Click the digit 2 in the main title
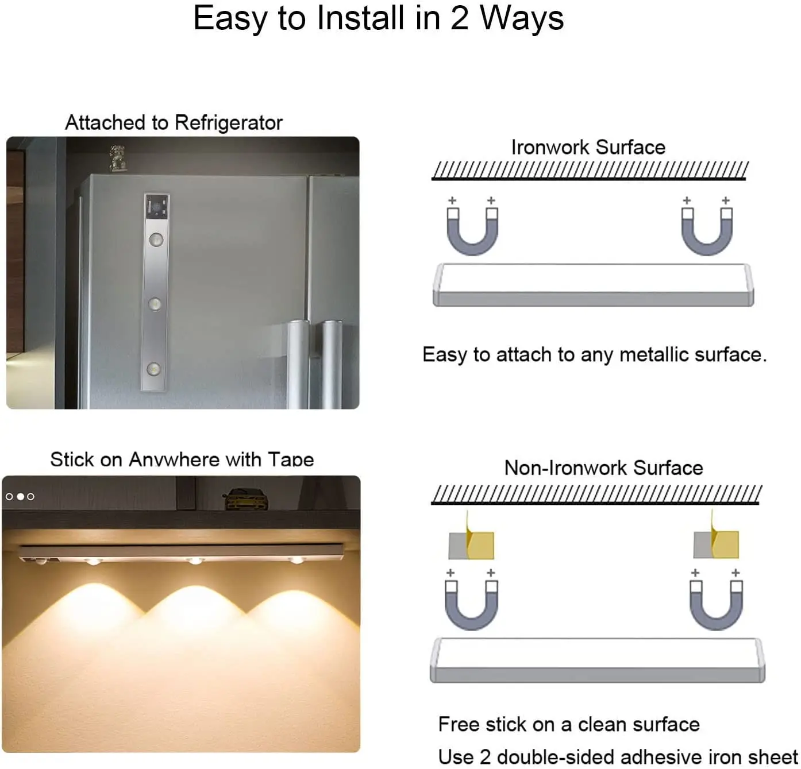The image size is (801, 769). point(459,18)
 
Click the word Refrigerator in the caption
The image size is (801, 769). point(228,123)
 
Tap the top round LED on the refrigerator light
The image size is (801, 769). point(156,239)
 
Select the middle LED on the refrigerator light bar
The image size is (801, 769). point(155,303)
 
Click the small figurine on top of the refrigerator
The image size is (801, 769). point(117,158)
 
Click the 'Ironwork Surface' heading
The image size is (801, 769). point(588,148)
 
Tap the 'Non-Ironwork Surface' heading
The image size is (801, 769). point(603,468)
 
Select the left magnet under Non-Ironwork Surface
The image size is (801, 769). point(472,604)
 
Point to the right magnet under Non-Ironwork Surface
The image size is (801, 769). point(716,604)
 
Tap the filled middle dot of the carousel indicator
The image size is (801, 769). point(20,496)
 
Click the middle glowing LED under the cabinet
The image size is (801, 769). point(195,560)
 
